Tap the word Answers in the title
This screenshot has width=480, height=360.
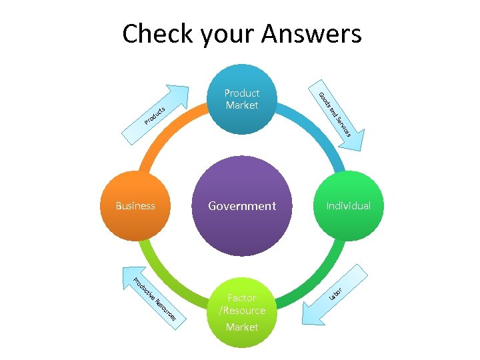click(x=313, y=33)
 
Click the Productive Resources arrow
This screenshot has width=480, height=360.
click(x=149, y=297)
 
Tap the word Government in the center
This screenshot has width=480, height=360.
click(x=242, y=206)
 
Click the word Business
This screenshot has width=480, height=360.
click(x=135, y=206)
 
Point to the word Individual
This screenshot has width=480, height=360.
click(x=348, y=206)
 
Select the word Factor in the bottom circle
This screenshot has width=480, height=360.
click(x=242, y=298)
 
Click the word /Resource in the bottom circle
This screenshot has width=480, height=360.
click(x=242, y=311)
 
